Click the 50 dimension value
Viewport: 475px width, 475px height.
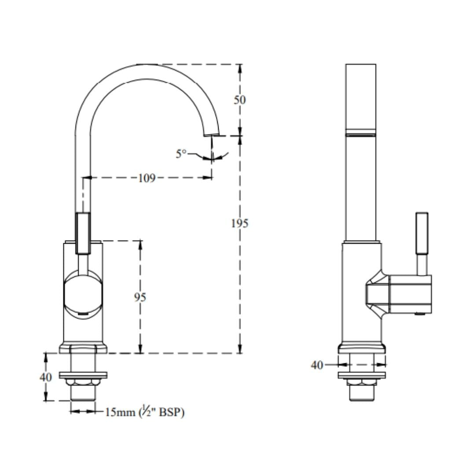239,100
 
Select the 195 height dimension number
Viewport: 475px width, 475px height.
239,223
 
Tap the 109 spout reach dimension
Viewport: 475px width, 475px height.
146,178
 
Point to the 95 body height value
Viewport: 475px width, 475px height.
140,297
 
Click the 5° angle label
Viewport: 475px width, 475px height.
181,154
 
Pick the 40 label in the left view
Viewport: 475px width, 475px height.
46,377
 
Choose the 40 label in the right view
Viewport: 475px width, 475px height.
317,365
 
